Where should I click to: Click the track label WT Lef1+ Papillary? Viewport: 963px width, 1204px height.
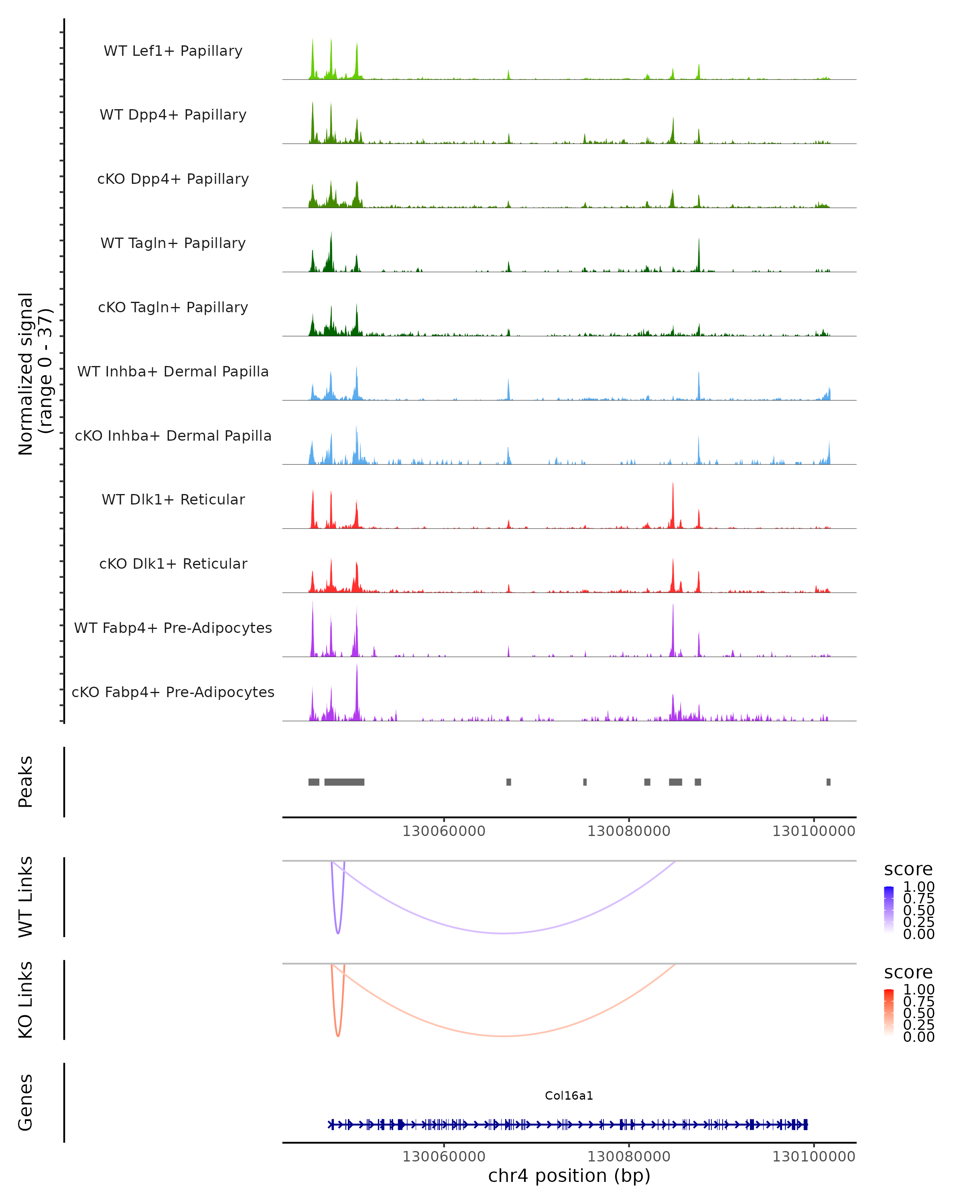click(x=173, y=51)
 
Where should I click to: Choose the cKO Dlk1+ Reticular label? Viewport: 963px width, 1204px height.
click(x=173, y=563)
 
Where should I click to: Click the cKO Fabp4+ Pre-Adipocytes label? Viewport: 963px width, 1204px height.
click(x=173, y=692)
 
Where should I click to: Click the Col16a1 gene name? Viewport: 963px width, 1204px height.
click(x=569, y=1096)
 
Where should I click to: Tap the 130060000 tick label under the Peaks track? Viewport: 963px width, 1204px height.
click(x=444, y=831)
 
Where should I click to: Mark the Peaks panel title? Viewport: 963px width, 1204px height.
click(x=26, y=782)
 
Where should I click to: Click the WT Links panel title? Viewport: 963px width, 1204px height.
click(x=26, y=897)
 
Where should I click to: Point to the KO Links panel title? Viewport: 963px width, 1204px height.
click(x=26, y=1000)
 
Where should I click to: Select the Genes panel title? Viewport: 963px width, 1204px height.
click(x=26, y=1102)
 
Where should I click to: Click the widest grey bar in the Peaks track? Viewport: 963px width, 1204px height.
click(x=344, y=782)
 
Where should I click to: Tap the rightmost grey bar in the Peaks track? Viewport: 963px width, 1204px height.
click(x=829, y=782)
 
